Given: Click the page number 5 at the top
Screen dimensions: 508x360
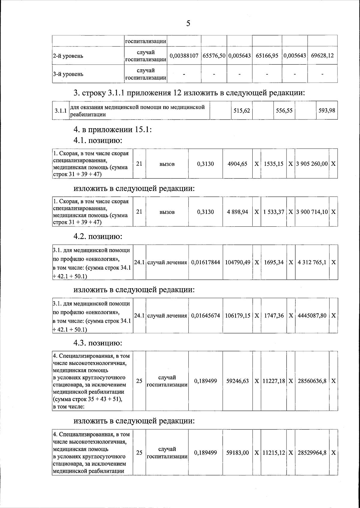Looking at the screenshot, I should (188, 23).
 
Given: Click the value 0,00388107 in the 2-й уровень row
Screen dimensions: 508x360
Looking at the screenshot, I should (184, 56).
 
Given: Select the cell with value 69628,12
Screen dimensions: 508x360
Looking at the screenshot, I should (322, 56).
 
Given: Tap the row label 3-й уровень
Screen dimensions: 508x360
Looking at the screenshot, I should (68, 74).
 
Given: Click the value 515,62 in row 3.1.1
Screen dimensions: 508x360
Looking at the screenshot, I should (242, 110).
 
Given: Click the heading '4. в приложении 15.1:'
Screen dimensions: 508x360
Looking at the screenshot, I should (113, 130).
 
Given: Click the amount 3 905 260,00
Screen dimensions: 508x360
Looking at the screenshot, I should (312, 164).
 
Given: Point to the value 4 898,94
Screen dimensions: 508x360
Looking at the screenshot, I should (238, 212).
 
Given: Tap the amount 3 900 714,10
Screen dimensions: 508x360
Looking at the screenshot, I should (312, 212).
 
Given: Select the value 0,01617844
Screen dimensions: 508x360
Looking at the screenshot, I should (205, 262).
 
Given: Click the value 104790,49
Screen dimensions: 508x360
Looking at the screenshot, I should (238, 262).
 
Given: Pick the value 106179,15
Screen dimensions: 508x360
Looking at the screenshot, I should (238, 316).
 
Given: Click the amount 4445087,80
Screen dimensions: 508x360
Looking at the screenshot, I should (312, 316).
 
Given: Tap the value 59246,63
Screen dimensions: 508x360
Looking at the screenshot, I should (238, 381).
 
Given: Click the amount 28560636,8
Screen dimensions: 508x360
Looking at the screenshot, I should (312, 381).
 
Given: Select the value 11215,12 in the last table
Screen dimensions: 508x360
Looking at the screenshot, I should (274, 453).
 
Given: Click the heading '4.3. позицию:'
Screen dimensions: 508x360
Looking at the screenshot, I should (98, 343).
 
